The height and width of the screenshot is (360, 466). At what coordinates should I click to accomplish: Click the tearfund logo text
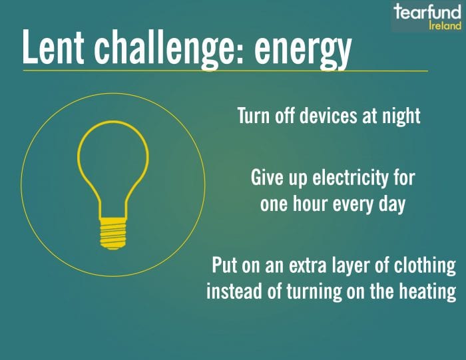point(427,12)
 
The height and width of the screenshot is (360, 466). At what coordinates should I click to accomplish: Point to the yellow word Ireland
point(445,25)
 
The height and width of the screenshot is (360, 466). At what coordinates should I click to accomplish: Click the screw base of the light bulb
point(113,234)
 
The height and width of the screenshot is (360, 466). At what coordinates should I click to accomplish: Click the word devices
point(328,115)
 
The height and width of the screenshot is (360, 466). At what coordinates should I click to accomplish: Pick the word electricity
point(349,178)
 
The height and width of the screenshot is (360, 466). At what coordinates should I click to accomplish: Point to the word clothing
point(425,266)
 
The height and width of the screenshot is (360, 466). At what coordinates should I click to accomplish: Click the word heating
point(427,292)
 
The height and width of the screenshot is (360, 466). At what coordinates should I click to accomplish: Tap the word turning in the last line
point(314,292)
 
